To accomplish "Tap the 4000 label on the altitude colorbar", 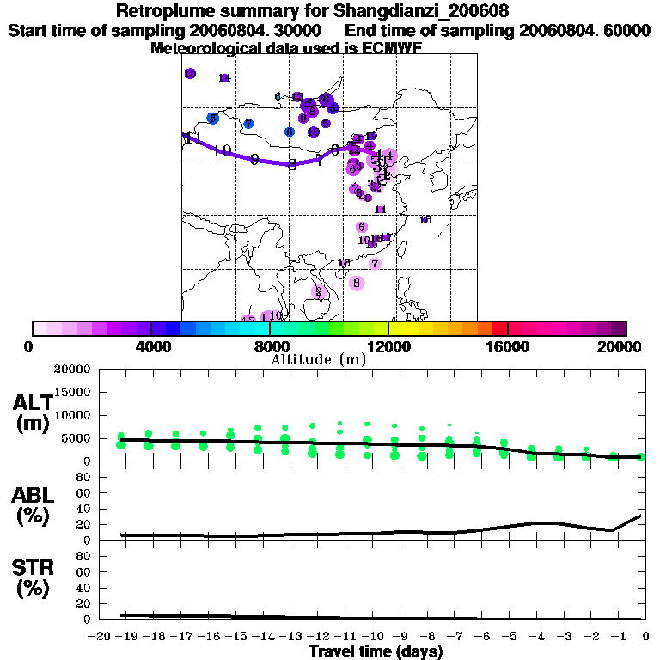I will coord(150,346).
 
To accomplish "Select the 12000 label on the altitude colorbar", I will coord(388,346).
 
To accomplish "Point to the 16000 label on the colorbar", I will coord(507,346).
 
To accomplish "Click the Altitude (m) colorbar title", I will coord(318,359).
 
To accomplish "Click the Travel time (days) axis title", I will coord(376,652).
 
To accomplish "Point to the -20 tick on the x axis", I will coord(101,636).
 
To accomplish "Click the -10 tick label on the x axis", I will coord(373,636).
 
